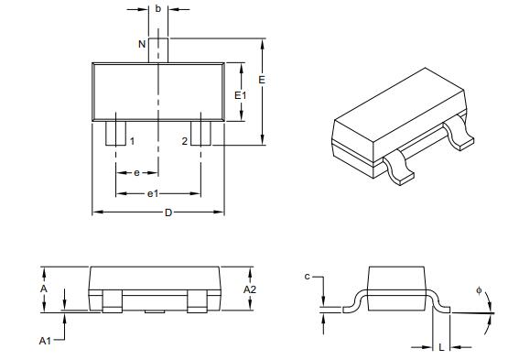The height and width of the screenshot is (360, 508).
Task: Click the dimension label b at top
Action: [159, 8]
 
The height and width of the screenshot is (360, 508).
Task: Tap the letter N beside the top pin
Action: [141, 44]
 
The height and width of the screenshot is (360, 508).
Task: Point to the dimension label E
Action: [263, 81]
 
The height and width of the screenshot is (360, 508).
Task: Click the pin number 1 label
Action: [132, 141]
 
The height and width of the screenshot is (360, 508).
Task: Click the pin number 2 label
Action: [184, 141]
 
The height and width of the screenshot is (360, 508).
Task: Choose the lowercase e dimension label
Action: [136, 172]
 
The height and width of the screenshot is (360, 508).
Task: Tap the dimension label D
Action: [168, 213]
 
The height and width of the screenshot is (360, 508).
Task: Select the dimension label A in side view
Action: [43, 288]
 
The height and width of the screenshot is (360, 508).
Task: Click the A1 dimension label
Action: [43, 340]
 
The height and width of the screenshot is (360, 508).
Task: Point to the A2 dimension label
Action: [249, 289]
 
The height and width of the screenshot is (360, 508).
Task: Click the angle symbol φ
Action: [479, 290]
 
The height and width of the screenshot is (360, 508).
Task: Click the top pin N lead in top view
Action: [159, 49]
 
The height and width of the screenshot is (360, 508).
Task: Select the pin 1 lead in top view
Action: [115, 133]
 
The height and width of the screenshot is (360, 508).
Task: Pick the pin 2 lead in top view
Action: [202, 133]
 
